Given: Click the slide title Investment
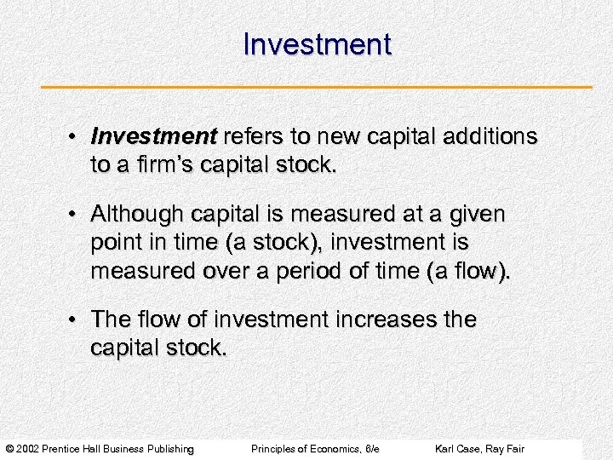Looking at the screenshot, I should click(317, 44).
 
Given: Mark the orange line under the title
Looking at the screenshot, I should click(317, 87).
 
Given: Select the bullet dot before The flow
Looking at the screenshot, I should click(76, 320).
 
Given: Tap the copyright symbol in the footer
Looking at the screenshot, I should click(10, 449).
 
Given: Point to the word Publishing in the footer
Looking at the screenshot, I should click(171, 449).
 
